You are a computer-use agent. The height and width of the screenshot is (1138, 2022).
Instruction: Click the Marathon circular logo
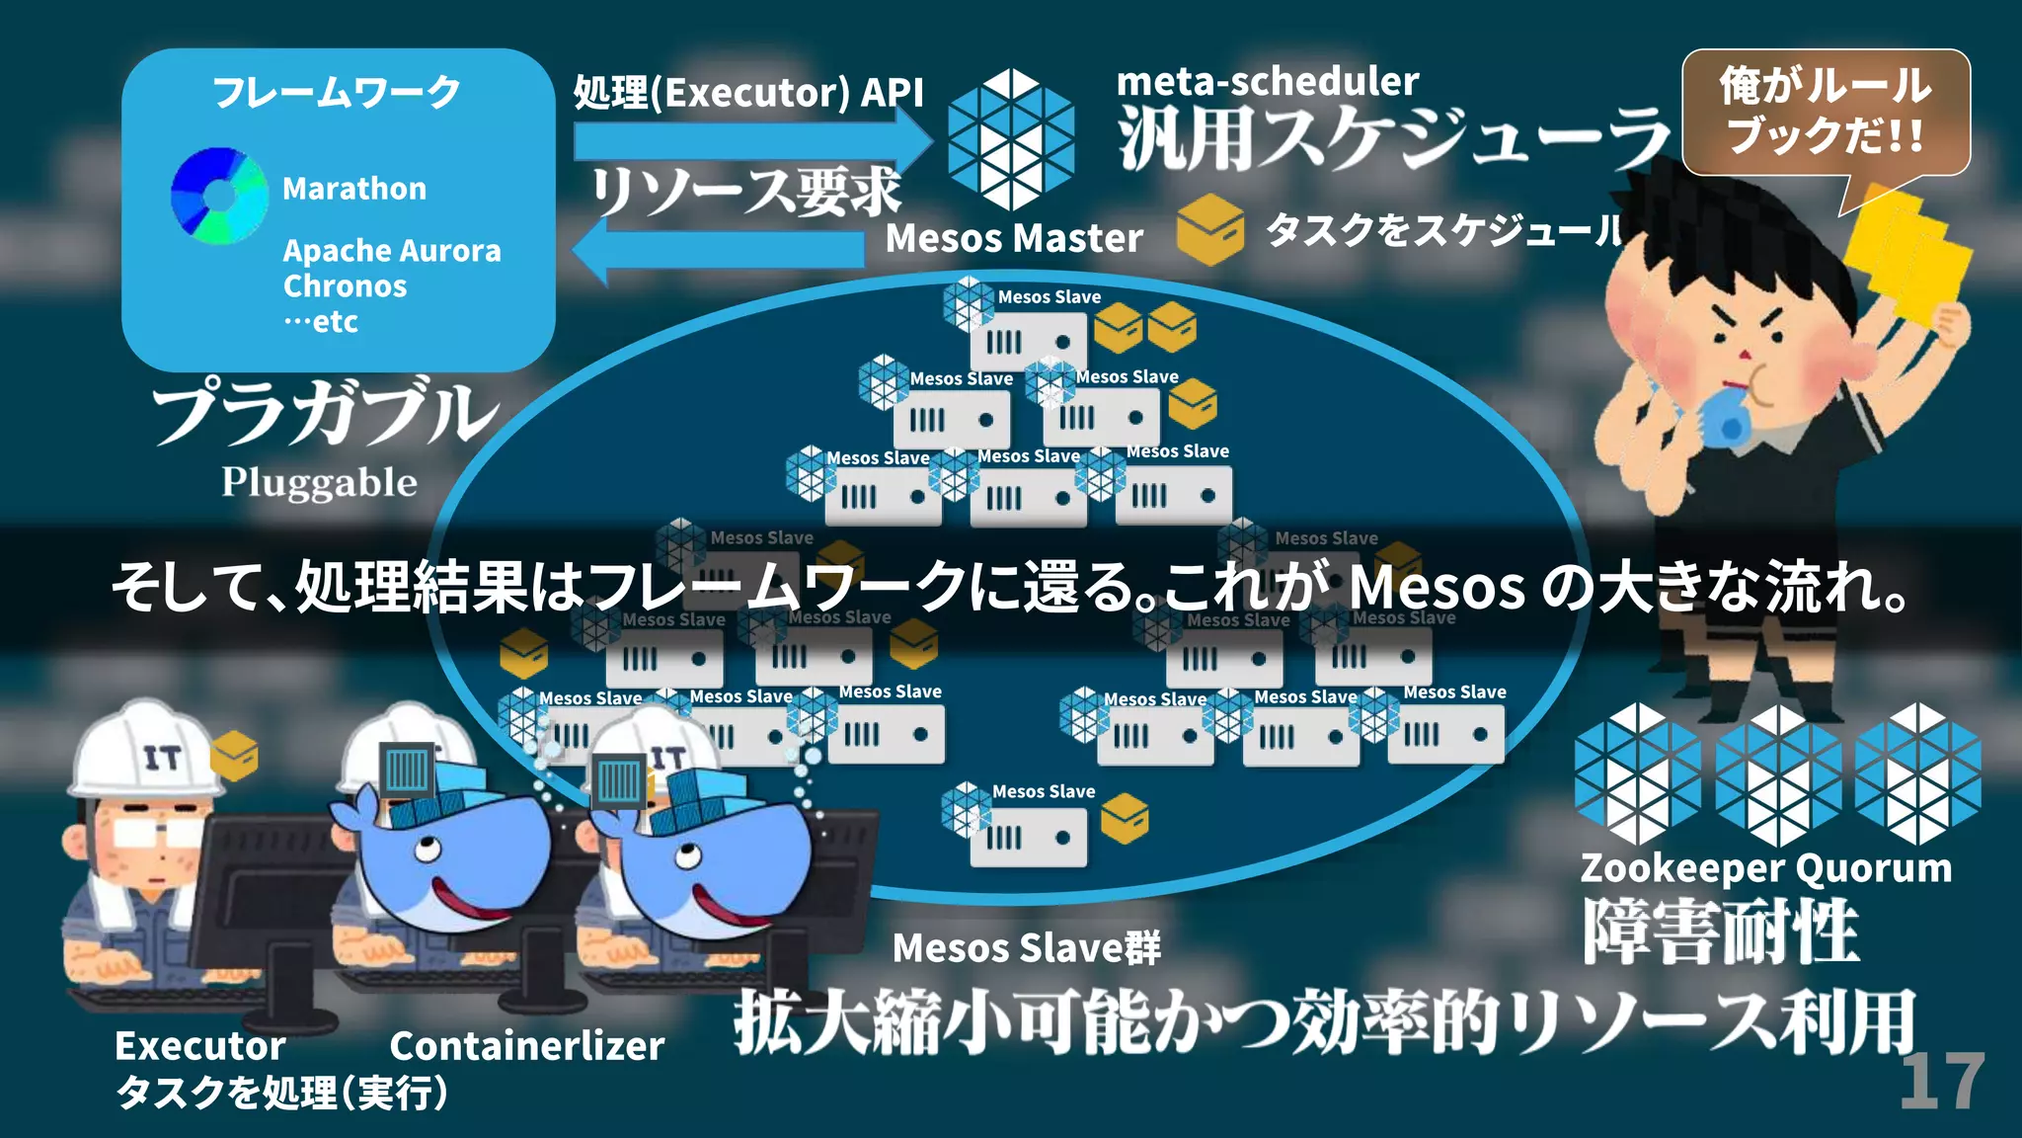[x=219, y=196]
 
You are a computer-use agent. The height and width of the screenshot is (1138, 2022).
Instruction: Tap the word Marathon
[x=354, y=189]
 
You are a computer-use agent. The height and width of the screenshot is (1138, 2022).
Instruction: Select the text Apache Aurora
[x=392, y=251]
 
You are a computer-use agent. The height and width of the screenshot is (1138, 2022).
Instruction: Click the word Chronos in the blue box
[x=345, y=286]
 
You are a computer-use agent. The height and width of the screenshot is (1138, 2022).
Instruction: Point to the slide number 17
[x=1942, y=1083]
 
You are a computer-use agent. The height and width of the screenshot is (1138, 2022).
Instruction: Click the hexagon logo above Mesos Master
[x=1010, y=139]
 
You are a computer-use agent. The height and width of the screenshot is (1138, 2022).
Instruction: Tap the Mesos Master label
[x=1014, y=238]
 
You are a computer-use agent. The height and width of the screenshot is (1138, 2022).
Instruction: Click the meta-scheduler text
[x=1268, y=81]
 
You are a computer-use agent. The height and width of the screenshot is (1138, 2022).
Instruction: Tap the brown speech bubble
[x=1827, y=112]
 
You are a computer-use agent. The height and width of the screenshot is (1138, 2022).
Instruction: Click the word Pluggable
[x=319, y=482]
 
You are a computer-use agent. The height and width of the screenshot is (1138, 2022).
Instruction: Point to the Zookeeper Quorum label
[x=1766, y=868]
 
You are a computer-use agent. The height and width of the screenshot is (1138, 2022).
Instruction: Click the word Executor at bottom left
[x=200, y=1046]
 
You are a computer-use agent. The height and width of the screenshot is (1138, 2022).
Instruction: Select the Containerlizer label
[x=527, y=1046]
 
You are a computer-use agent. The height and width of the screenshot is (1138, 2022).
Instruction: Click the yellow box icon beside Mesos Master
[x=1209, y=229]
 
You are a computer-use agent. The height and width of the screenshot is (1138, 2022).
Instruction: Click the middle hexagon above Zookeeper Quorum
[x=1778, y=775]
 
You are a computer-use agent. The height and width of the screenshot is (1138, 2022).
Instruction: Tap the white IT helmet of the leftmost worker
[x=146, y=751]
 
